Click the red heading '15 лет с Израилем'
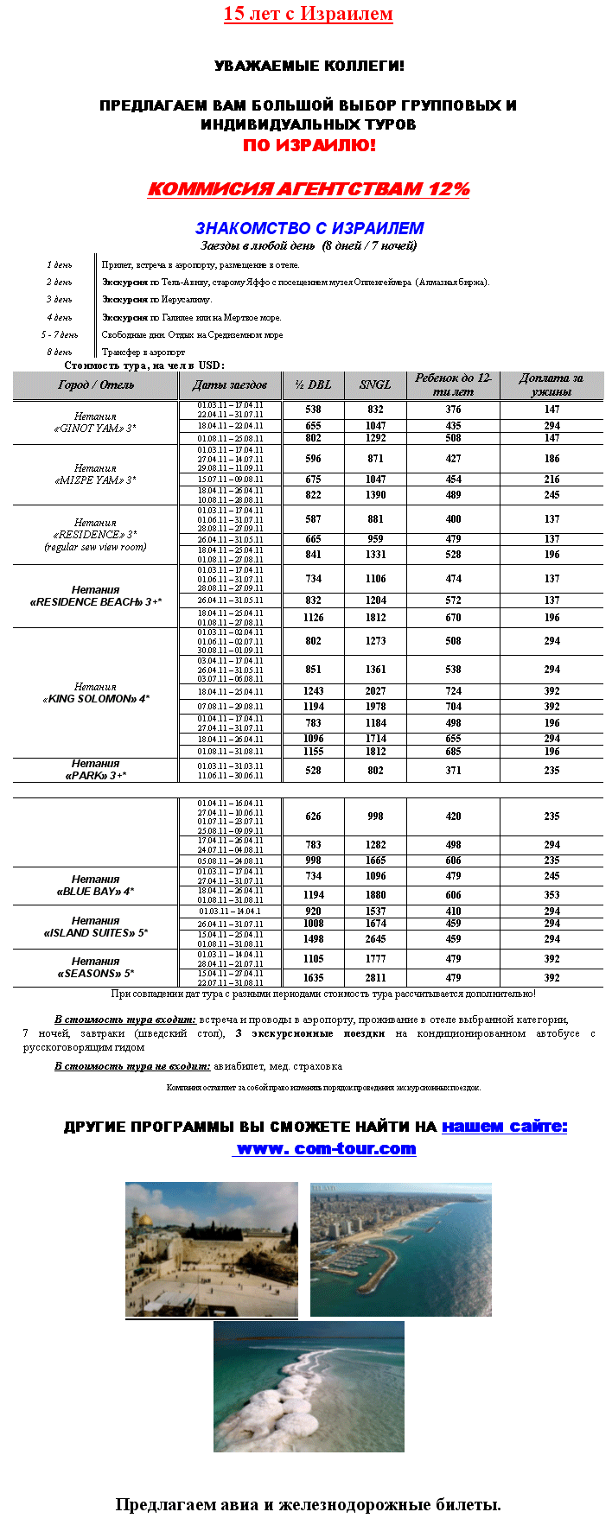click(x=308, y=14)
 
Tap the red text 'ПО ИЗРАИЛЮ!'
click(x=309, y=145)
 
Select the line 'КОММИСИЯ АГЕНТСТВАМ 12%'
click(x=309, y=189)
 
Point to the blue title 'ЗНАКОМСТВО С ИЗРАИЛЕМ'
click(x=309, y=228)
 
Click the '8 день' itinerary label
click(x=60, y=353)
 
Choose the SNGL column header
click(x=375, y=385)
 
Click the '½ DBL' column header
click(x=313, y=385)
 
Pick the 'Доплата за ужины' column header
click(x=551, y=385)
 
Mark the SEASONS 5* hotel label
click(x=95, y=968)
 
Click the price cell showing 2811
click(x=375, y=978)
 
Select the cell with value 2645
click(x=375, y=939)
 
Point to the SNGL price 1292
click(x=375, y=438)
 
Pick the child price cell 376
click(x=453, y=410)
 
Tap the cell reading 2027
click(x=375, y=691)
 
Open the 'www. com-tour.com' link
click(x=325, y=1149)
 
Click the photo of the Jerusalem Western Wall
click(x=211, y=1249)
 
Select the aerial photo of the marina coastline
click(x=400, y=1249)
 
